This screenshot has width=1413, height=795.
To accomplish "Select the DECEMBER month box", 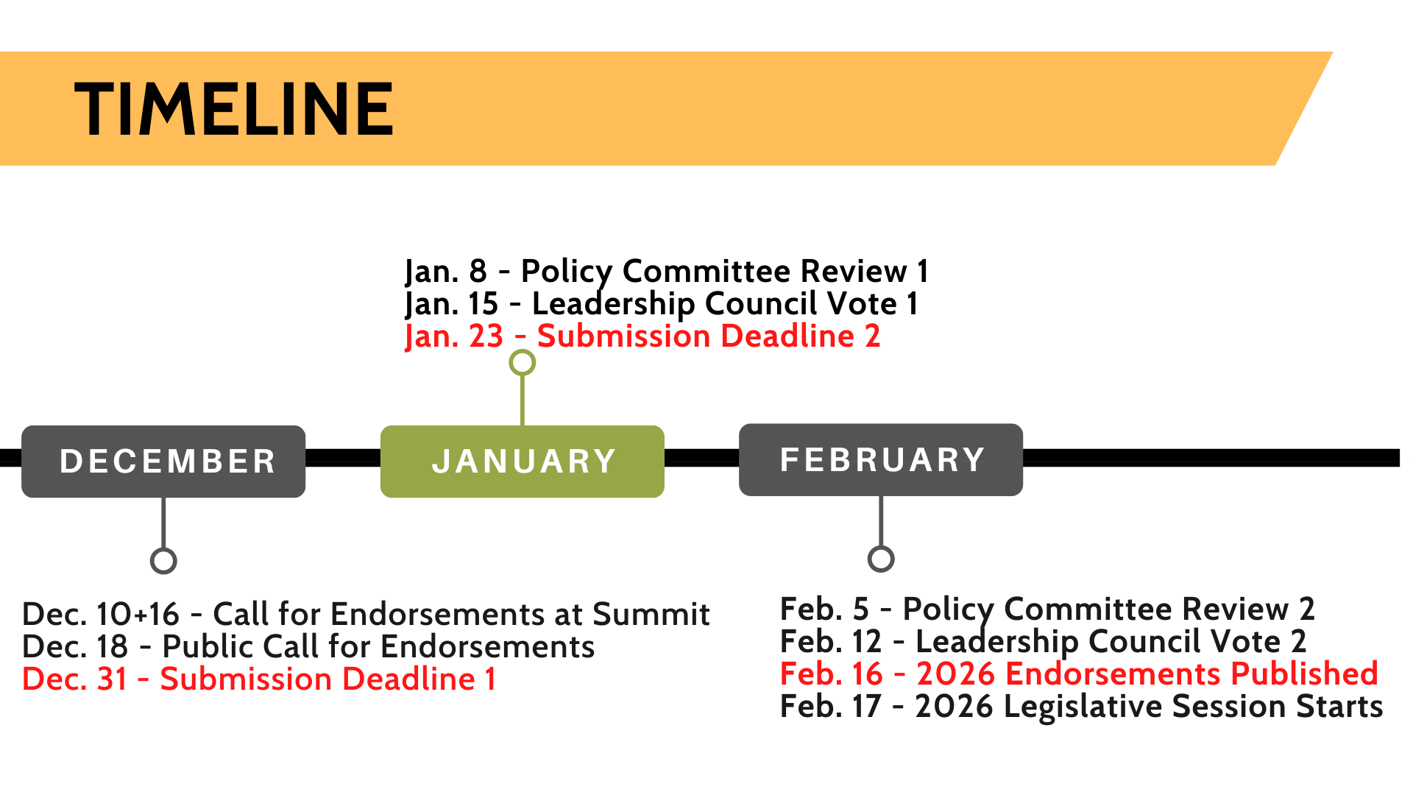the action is point(163,462).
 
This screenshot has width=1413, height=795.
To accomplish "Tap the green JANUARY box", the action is point(523,462).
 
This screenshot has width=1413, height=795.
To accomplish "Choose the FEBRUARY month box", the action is point(881,459).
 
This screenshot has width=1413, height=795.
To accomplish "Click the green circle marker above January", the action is point(523,352).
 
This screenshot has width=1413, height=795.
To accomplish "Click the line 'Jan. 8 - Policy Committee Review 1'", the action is point(667,272).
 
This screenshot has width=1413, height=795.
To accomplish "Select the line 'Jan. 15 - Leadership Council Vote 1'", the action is point(662,304).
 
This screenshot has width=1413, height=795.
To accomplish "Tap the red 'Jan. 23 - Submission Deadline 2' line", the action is point(642,336).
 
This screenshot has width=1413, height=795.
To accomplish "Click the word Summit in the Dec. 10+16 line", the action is point(651,614).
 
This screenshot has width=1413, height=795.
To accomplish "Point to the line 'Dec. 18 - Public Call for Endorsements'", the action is point(308,647).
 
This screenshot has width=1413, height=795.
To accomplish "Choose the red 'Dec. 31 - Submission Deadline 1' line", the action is point(259,679).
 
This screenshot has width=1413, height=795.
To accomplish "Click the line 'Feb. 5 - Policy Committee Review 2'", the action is point(1047,609).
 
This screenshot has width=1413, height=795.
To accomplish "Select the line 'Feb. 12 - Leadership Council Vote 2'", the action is point(1044,642).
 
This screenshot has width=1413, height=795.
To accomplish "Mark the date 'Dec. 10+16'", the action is point(102,614).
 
